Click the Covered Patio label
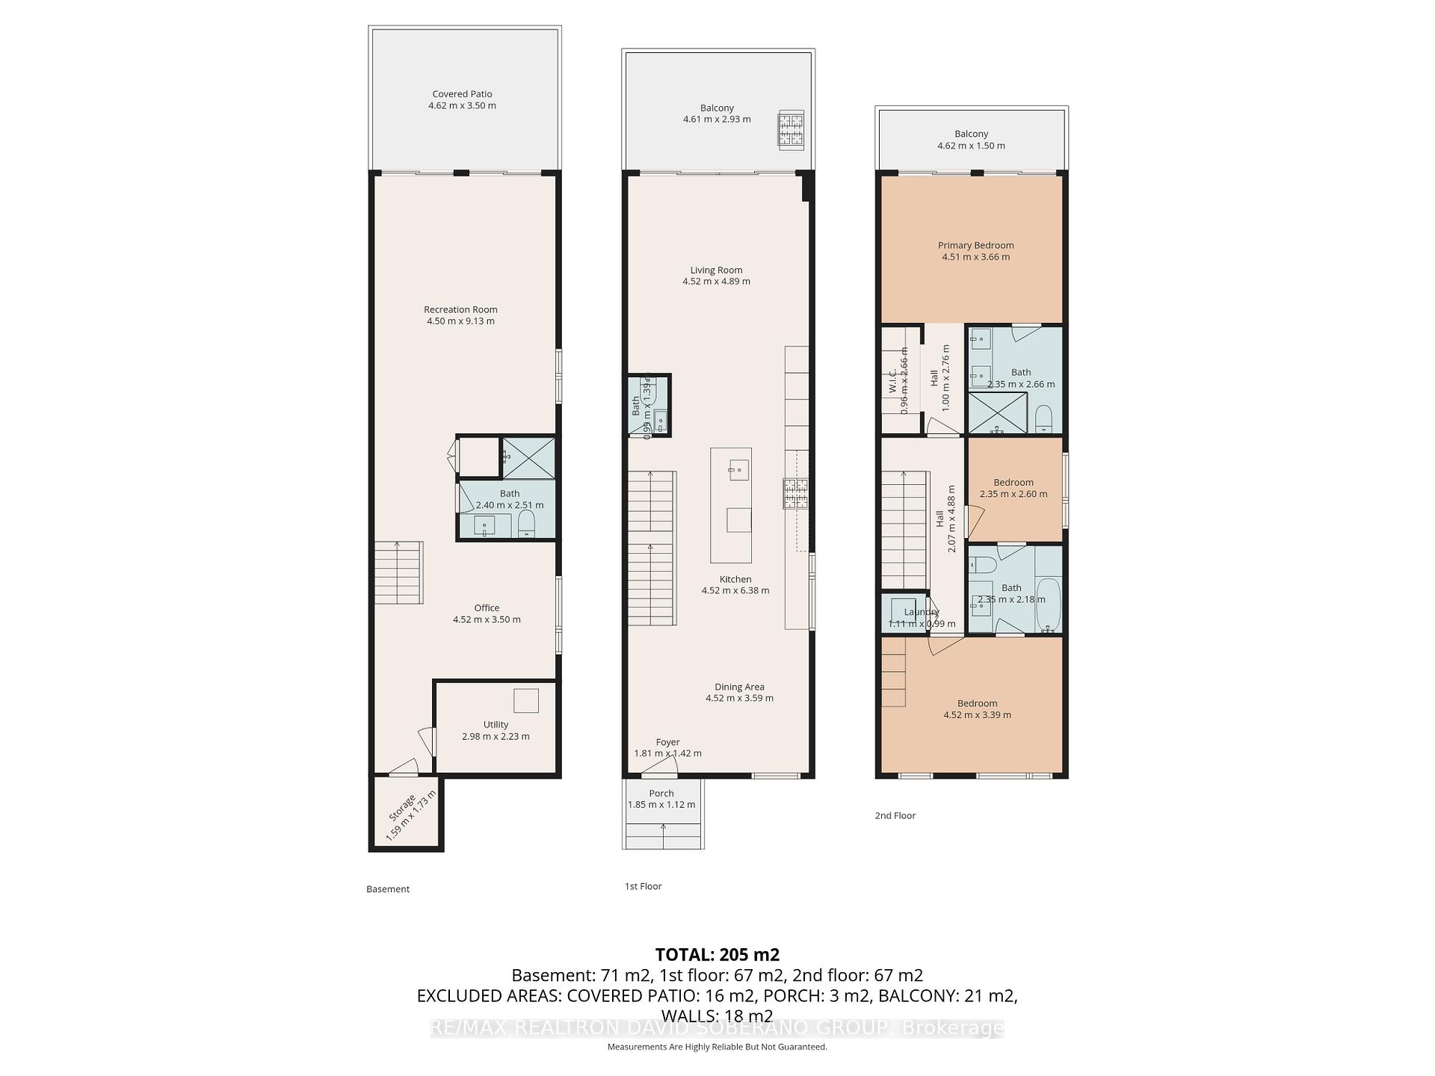462,94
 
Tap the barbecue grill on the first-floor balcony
791,130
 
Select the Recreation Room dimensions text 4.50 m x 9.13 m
460,321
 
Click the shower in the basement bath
528,457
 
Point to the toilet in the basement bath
527,524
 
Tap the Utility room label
496,724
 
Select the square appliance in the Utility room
525,700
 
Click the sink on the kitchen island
738,470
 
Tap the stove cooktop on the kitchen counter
796,493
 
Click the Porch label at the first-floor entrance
661,794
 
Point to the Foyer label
667,742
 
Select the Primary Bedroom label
975,245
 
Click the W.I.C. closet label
893,381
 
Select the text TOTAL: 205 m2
717,954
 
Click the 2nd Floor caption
895,815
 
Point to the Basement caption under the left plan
388,889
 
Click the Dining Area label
739,687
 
